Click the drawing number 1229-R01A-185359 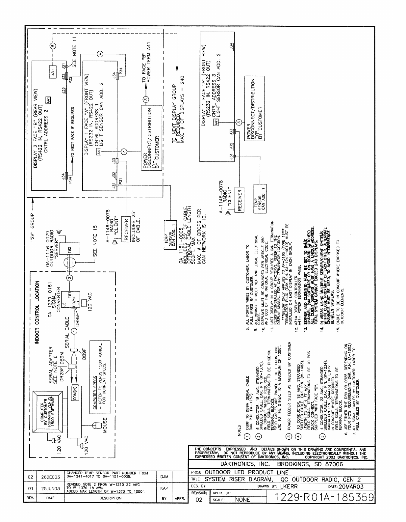tap(324, 497)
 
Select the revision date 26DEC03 tap(50, 477)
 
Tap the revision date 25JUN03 tap(50, 488)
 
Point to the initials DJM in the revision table tap(164, 477)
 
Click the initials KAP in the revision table tap(164, 488)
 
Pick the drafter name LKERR tap(289, 486)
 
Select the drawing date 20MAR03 tap(351, 486)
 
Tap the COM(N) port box tap(75, 393)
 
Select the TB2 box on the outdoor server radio tap(70, 250)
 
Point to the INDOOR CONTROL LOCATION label tap(37, 312)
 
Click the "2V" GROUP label tap(33, 227)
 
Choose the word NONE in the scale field tap(242, 500)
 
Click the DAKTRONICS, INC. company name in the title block tap(245, 464)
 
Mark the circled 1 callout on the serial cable tap(75, 331)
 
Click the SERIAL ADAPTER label tap(51, 365)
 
